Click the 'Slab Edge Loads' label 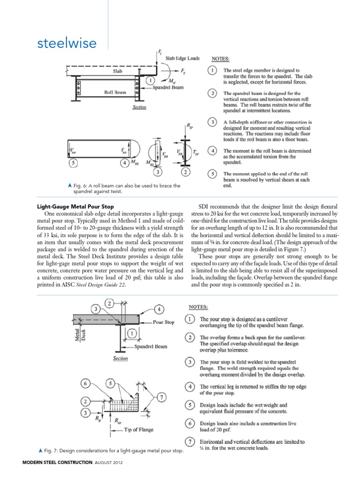(181, 59)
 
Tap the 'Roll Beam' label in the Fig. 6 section (114, 93)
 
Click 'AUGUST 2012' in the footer (110, 469)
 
